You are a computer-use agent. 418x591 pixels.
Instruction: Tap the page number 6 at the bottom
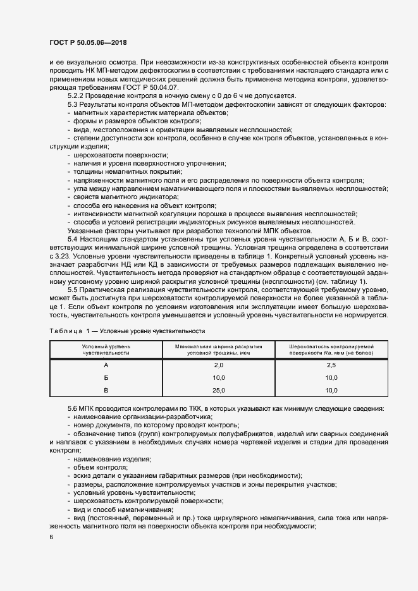[x=51, y=537]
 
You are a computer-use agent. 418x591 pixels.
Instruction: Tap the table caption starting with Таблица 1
[x=126, y=331]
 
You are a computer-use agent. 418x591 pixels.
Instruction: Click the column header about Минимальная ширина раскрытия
[x=219, y=350]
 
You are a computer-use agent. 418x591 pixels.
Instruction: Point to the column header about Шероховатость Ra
[x=332, y=350]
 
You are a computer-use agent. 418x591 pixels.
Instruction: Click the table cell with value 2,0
[x=219, y=366]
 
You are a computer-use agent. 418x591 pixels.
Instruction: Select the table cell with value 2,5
[x=332, y=366]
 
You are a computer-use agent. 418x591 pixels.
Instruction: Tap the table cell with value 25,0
[x=219, y=391]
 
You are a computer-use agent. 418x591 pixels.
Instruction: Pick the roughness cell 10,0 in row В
[x=332, y=391]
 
